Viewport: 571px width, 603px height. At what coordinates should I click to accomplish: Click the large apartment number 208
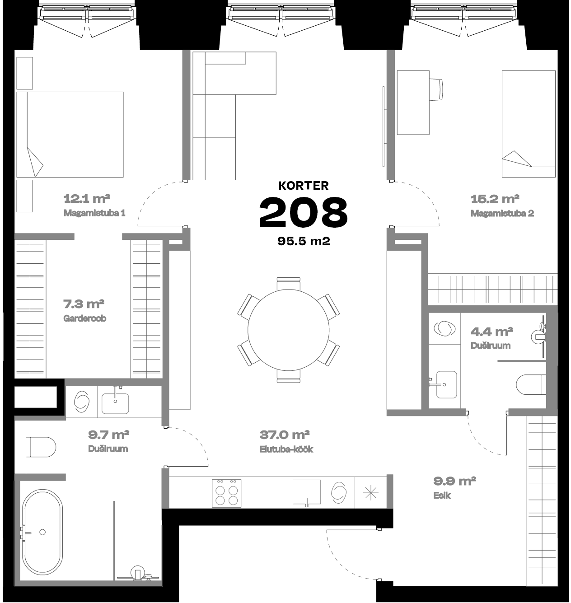coord(304,213)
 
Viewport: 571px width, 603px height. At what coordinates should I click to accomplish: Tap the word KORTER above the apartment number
coord(304,186)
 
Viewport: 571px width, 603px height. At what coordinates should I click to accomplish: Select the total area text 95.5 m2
coord(304,241)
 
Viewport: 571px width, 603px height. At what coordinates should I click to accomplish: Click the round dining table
coord(288,330)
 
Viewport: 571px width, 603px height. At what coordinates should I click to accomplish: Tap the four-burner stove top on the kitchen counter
coord(226,494)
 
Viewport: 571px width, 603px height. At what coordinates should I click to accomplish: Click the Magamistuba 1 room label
coord(94,213)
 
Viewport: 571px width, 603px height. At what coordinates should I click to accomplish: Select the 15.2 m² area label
coord(495,199)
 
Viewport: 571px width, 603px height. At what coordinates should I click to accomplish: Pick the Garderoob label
coord(84,318)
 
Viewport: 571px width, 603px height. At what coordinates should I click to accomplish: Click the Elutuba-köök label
coord(286,449)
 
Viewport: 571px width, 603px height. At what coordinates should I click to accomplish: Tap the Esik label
coord(442,495)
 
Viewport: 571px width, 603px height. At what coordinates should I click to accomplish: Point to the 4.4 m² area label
coord(491,332)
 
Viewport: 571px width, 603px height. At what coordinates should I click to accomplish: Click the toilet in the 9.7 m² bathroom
coord(41,447)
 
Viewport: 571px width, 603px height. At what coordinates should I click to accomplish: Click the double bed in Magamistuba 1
coord(70,134)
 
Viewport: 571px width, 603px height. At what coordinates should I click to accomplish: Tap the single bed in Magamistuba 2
coord(529,124)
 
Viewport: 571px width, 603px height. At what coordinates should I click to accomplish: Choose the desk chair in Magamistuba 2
coord(436,89)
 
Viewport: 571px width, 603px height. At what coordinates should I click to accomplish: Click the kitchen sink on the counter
coord(307,492)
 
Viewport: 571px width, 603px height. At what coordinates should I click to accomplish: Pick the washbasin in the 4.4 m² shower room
coord(446,385)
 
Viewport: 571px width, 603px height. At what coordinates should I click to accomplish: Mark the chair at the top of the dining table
coord(288,283)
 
